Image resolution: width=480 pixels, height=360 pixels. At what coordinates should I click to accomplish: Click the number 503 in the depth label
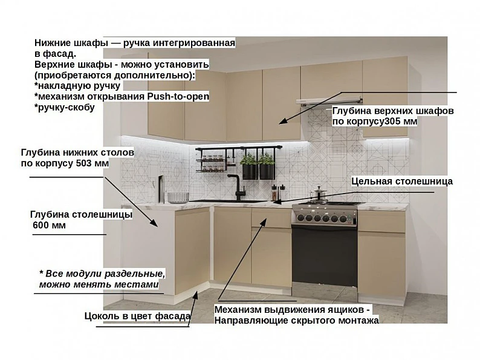pyautogui.click(x=85, y=163)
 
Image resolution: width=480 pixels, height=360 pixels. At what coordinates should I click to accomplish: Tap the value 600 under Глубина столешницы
pyautogui.click(x=41, y=225)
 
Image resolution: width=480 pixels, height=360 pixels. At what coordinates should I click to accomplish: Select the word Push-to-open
pyautogui.click(x=178, y=97)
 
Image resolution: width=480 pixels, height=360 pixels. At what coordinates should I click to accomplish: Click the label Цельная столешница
pyautogui.click(x=402, y=181)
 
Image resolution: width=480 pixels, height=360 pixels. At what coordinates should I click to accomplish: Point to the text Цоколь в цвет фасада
pyautogui.click(x=137, y=316)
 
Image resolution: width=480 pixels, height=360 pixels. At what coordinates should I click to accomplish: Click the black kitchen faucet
pyautogui.click(x=237, y=187)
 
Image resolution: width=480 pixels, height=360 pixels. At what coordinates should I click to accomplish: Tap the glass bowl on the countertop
pyautogui.click(x=178, y=198)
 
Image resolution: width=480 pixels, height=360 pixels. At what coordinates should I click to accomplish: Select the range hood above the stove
pyautogui.click(x=329, y=102)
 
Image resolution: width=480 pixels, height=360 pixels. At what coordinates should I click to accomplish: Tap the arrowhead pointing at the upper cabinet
pyautogui.click(x=284, y=121)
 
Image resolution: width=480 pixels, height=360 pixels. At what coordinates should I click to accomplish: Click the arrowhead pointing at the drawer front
pyautogui.click(x=263, y=222)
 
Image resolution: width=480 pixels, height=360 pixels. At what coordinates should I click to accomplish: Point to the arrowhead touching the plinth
pyautogui.click(x=196, y=295)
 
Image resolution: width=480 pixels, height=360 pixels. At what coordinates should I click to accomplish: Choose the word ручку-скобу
pyautogui.click(x=65, y=108)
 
